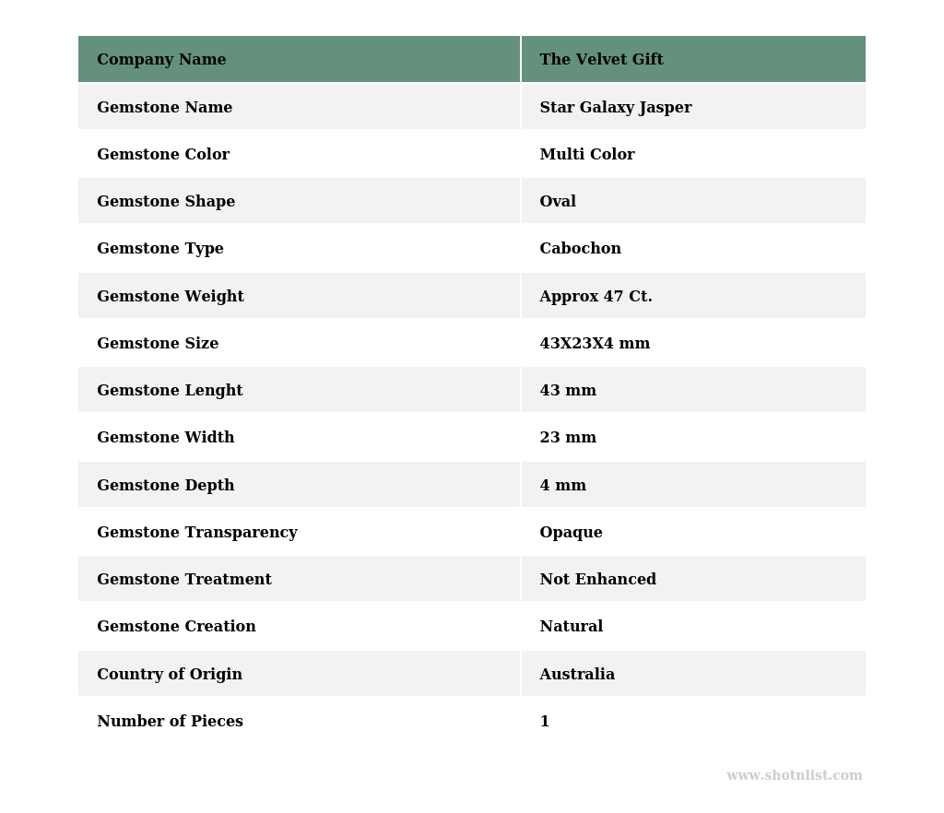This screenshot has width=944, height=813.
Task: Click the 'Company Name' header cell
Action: pyautogui.click(x=161, y=60)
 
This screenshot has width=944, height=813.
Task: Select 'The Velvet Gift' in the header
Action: pyautogui.click(x=601, y=60)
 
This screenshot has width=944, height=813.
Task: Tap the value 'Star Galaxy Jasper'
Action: pyautogui.click(x=615, y=108)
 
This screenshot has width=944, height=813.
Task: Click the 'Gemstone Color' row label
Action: pyautogui.click(x=163, y=155)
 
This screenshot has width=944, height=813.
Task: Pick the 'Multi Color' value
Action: pyautogui.click(x=586, y=155)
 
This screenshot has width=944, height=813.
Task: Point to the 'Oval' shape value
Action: pyautogui.click(x=558, y=202)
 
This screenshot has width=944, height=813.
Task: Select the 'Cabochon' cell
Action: pyautogui.click(x=580, y=249)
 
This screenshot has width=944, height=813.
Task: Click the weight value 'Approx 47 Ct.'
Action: pyautogui.click(x=596, y=297)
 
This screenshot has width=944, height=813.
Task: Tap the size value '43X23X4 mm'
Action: pyautogui.click(x=595, y=344)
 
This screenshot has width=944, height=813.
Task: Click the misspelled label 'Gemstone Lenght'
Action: pyautogui.click(x=170, y=391)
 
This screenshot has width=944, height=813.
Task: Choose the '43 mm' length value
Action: pyautogui.click(x=568, y=391)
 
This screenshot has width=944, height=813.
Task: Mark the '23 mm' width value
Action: pyautogui.click(x=568, y=438)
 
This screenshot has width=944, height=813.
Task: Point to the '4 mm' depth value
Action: pyautogui.click(x=562, y=486)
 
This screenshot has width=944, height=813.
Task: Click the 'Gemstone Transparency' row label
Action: pyautogui.click(x=196, y=533)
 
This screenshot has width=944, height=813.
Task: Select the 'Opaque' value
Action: pyautogui.click(x=571, y=533)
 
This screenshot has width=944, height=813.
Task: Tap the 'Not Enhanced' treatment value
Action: pyautogui.click(x=597, y=580)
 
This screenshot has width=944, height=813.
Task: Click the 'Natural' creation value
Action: pyautogui.click(x=571, y=627)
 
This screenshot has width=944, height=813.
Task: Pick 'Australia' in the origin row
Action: pyautogui.click(x=577, y=675)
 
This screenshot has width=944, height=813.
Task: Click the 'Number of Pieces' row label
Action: pyautogui.click(x=170, y=722)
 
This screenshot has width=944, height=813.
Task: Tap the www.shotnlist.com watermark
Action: pyautogui.click(x=794, y=776)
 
